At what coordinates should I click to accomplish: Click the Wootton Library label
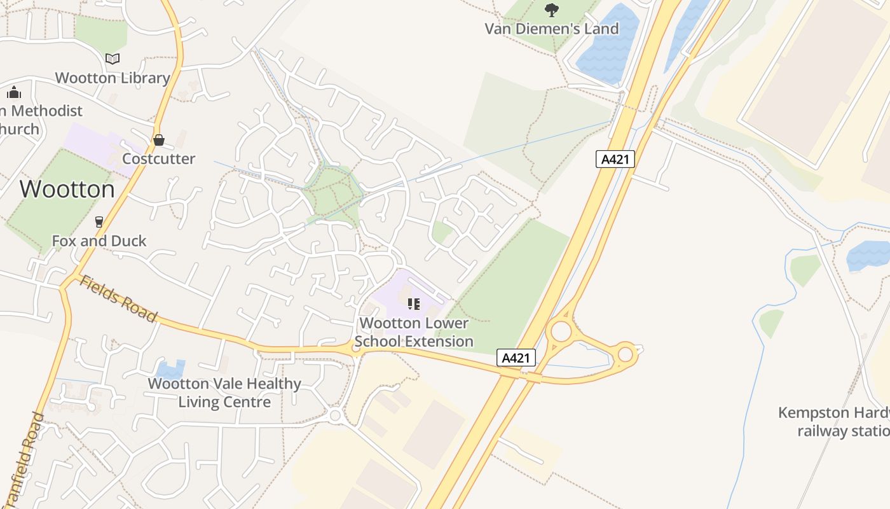tap(113, 78)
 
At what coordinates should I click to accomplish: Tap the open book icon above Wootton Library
tap(113, 59)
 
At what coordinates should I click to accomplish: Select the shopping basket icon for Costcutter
tap(159, 139)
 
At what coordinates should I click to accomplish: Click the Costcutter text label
tap(158, 158)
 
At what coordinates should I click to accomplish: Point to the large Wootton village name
tap(67, 189)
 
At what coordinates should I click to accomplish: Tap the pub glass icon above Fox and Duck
tap(99, 221)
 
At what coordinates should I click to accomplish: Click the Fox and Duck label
tap(99, 241)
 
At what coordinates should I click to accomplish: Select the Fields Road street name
tap(118, 298)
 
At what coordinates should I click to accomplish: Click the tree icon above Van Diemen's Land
tap(551, 10)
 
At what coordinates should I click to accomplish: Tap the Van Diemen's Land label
tap(551, 29)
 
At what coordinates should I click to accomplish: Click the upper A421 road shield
tap(615, 159)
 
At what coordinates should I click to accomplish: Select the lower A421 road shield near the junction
tap(516, 358)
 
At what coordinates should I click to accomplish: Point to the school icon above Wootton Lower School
tap(414, 304)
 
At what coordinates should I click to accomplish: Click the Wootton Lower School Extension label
tap(414, 332)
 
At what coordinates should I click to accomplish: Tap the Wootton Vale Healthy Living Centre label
tap(224, 393)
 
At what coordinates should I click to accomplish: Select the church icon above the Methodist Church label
tap(14, 92)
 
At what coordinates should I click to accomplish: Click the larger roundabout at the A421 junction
tap(561, 331)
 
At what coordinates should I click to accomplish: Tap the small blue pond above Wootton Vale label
tap(170, 368)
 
